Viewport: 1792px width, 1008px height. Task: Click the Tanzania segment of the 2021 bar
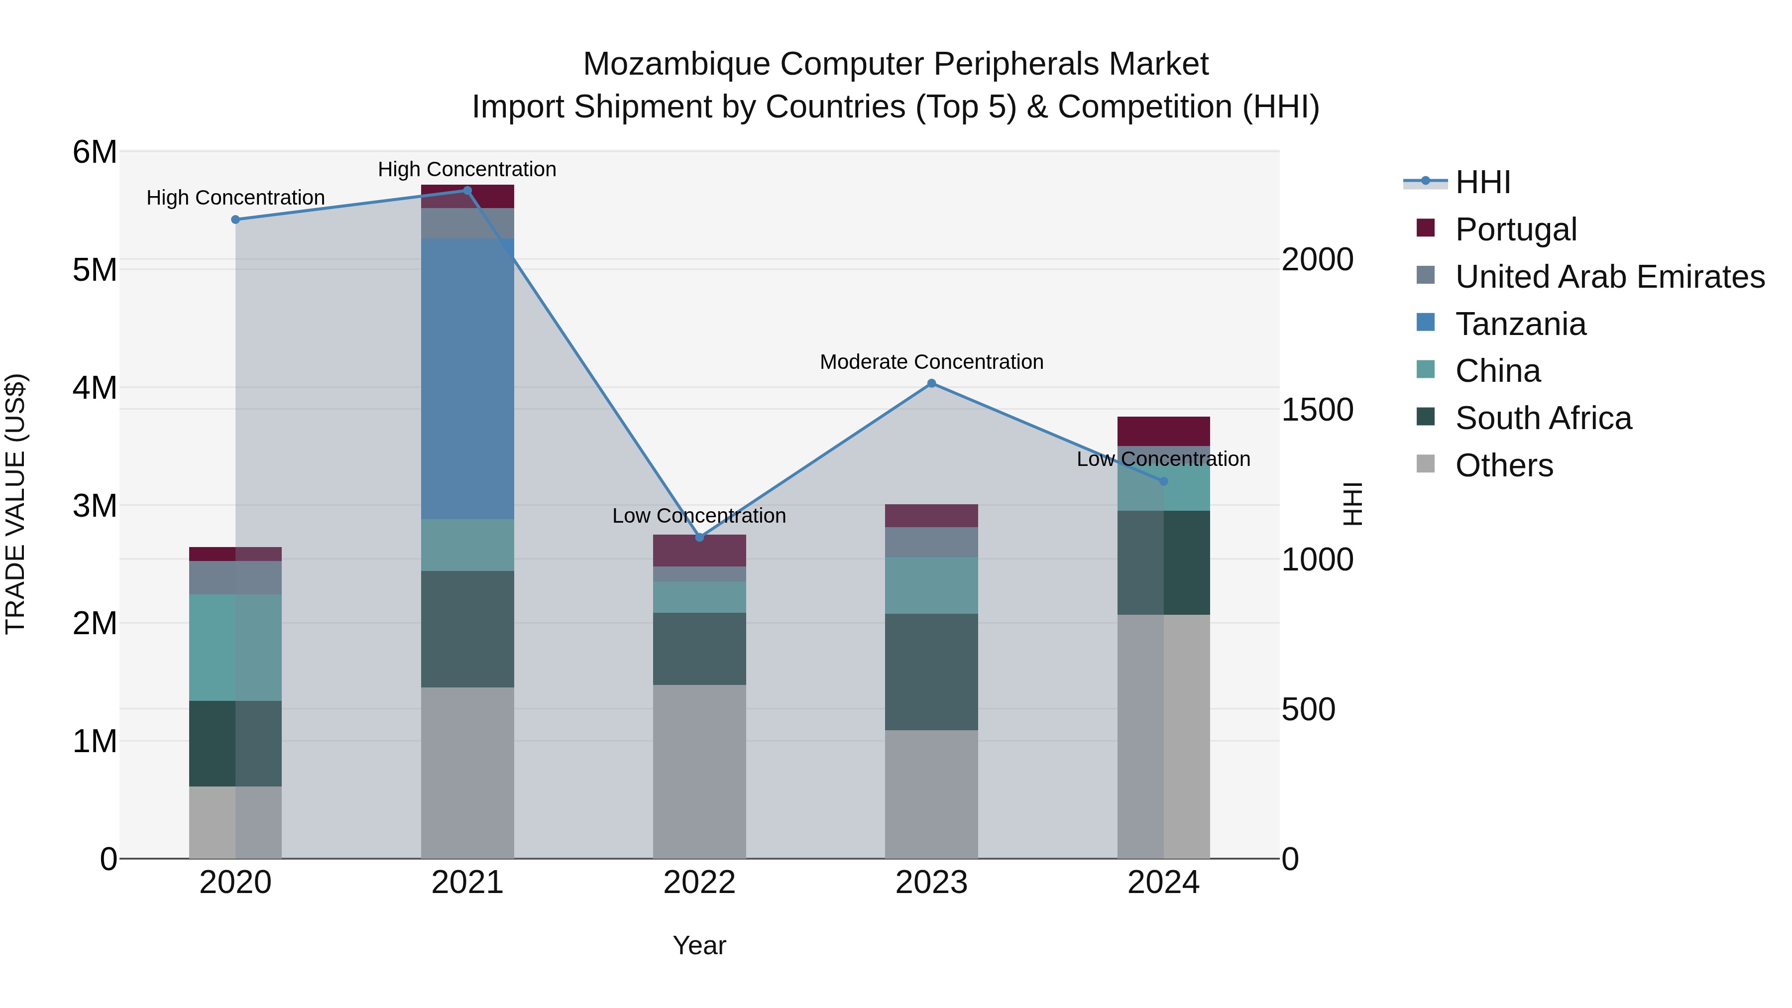tap(467, 379)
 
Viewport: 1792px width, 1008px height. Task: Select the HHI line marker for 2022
tap(699, 537)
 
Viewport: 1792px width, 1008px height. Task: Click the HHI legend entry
tap(1482, 182)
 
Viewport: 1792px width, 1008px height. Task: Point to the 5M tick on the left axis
tap(95, 270)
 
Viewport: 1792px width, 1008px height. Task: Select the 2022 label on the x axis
tap(699, 883)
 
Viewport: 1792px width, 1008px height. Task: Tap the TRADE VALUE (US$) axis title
tap(15, 504)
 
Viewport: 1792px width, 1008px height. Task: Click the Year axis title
tap(699, 945)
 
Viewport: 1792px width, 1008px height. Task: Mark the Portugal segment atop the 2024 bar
tap(1163, 431)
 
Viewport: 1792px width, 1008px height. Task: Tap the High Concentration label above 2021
tap(467, 169)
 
